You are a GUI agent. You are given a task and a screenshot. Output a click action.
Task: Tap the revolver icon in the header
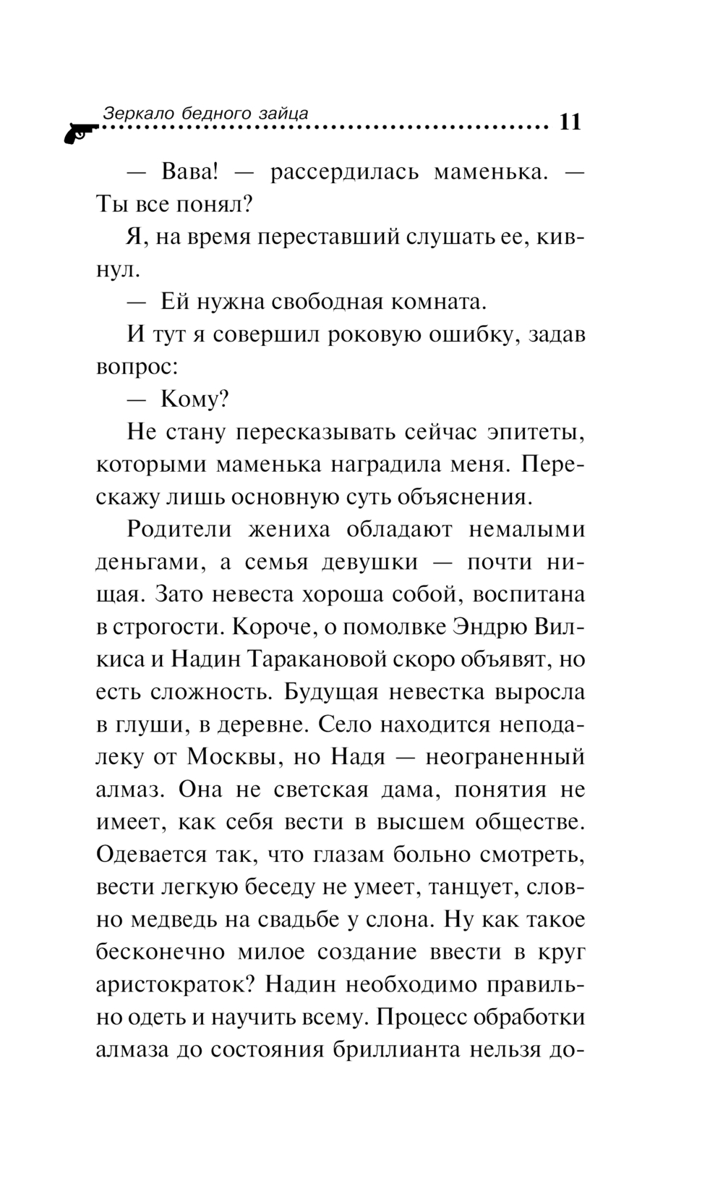80,133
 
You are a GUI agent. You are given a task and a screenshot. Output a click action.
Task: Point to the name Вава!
189,172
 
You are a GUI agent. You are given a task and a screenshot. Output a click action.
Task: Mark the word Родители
179,529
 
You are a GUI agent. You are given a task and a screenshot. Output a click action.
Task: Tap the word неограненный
505,757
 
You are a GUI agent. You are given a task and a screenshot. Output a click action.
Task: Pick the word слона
399,920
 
